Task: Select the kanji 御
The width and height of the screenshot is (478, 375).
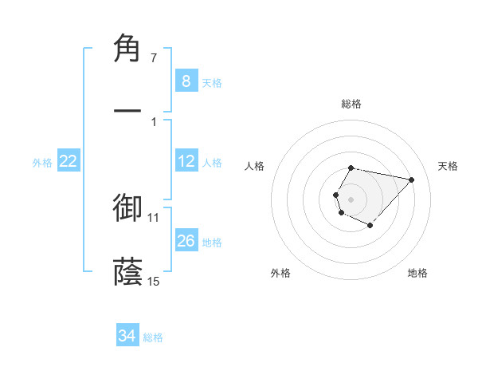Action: pos(128,207)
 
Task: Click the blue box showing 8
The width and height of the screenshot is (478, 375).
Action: pos(186,81)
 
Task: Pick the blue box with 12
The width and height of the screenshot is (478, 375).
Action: pos(186,162)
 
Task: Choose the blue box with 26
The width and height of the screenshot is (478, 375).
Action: pos(186,241)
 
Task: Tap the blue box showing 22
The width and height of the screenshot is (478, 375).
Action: pos(68,162)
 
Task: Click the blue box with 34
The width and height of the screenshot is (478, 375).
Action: pos(127,337)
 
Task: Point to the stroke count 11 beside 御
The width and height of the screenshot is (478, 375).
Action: pos(154,217)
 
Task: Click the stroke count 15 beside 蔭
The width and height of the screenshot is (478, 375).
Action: pos(154,281)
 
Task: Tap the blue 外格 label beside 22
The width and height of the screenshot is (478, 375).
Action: pos(42,163)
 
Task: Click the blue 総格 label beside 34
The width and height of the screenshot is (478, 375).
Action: pos(153,337)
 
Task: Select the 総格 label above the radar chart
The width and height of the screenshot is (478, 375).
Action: pos(351,104)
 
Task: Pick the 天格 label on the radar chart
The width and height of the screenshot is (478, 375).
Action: pos(449,166)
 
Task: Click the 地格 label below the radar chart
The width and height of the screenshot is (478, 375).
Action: pos(417,273)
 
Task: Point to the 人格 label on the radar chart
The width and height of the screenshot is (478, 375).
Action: pos(256,166)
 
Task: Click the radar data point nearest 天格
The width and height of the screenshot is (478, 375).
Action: pos(411,180)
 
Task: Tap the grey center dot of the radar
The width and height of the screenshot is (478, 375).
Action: pos(351,198)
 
